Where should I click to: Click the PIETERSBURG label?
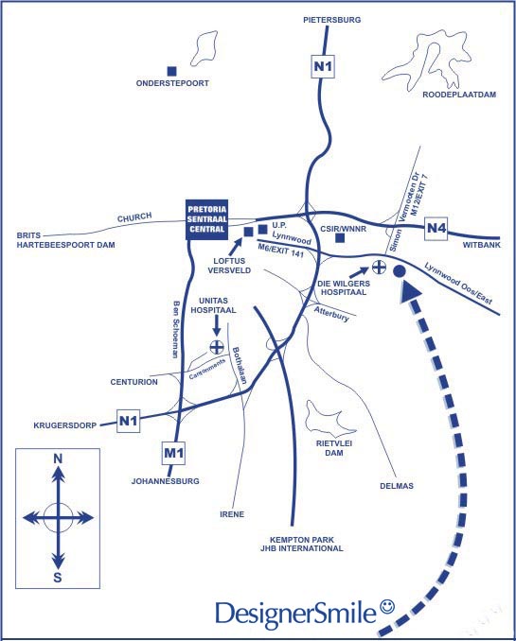point(332,20)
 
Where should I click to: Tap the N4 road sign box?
point(436,228)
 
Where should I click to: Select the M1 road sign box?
point(173,453)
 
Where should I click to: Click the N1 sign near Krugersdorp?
point(128,421)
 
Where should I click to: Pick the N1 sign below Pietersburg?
point(323,66)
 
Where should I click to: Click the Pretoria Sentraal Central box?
point(206,220)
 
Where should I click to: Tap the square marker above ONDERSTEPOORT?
point(172,71)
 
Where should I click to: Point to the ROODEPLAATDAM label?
point(459,95)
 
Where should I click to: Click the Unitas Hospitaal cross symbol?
point(217,347)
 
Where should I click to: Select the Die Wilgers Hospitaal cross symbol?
point(380,267)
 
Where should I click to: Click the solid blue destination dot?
point(400,271)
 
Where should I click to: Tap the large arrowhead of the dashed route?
point(410,292)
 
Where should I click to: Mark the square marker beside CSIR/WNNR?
point(340,238)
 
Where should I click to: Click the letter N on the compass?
point(58,459)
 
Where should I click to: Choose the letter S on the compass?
point(58,578)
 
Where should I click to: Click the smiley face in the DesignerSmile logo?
point(387,607)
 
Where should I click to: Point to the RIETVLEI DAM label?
point(334,448)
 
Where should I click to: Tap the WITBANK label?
point(482,245)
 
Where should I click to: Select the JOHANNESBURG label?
point(166,481)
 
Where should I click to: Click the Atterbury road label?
point(331,314)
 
